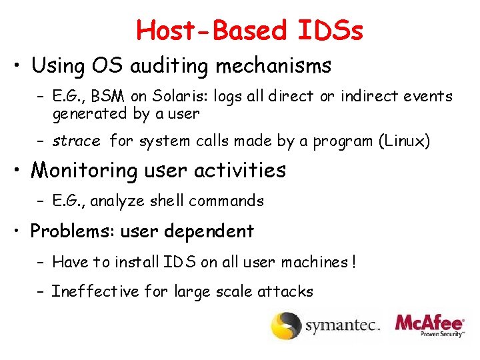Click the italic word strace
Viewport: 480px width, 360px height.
pos(76,141)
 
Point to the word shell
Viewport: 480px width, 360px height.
pos(166,201)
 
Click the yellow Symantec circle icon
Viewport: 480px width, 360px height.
pos(285,325)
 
